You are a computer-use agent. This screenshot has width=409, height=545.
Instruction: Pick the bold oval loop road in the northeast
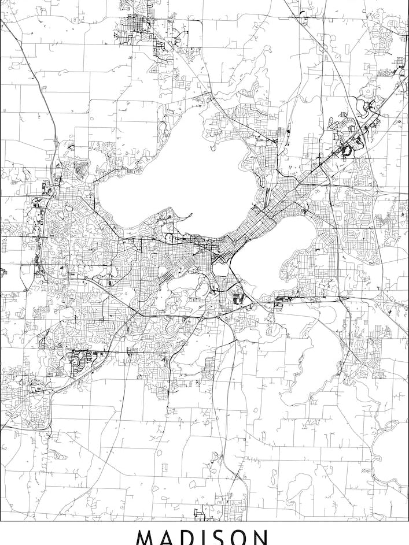[348, 150]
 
